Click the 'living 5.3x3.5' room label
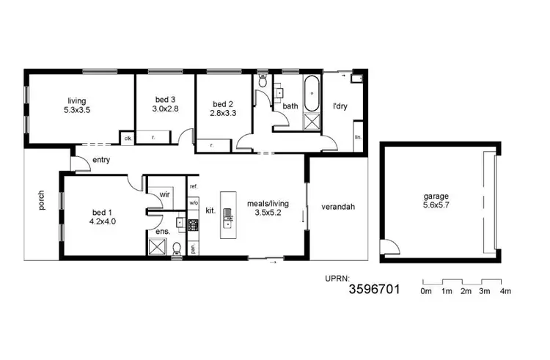click(78, 106)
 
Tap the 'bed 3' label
click(163, 103)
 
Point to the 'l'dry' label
click(340, 106)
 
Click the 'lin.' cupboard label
click(358, 137)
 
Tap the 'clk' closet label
click(127, 138)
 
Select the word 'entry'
click(101, 160)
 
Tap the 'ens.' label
click(163, 232)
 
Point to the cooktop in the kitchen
click(194, 225)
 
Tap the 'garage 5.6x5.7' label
click(439, 202)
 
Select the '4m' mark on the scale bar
click(505, 292)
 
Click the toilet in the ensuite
click(177, 250)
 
